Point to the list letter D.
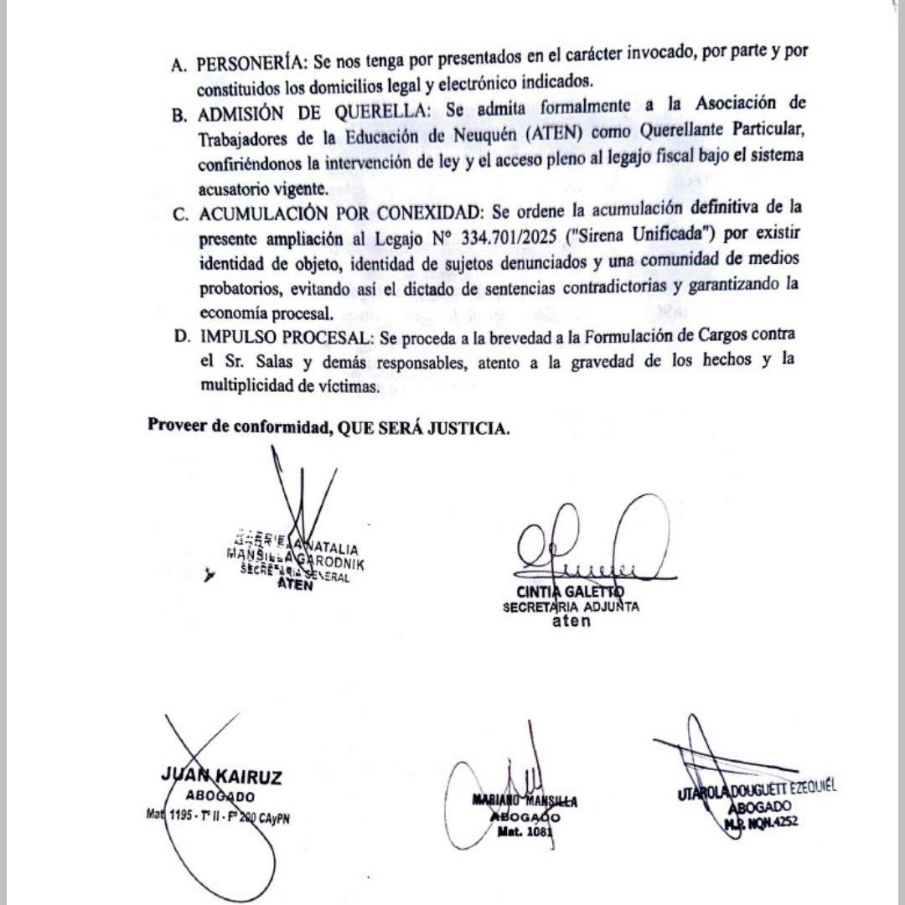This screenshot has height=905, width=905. coord(180,337)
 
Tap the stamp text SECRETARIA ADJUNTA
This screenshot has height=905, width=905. coord(571,608)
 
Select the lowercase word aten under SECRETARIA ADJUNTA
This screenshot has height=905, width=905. coord(571,622)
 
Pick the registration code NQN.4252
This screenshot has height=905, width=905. coord(772,822)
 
